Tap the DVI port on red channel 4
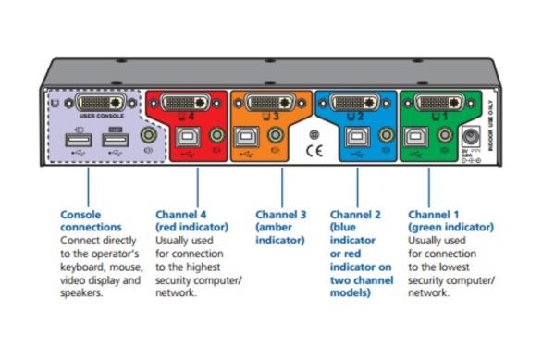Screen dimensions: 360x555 coord(191,102)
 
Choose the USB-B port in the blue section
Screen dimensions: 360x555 coord(354,137)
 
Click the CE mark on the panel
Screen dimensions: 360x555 coord(314,150)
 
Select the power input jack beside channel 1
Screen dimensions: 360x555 coord(470,139)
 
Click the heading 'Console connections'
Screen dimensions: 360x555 coord(90,220)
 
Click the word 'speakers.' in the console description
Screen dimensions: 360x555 coord(80,293)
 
